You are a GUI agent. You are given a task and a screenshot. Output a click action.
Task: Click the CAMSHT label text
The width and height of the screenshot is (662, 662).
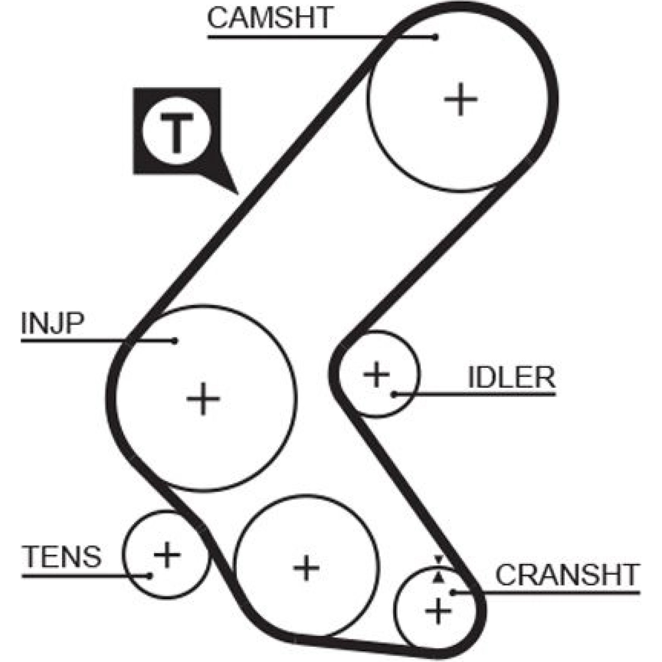pos(269,17)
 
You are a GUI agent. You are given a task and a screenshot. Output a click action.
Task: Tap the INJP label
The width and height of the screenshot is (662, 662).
pos(52,324)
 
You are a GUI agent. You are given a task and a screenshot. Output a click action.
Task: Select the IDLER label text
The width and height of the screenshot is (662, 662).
pos(511,377)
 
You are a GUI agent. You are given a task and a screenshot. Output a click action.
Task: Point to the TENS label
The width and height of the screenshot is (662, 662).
pos(62,556)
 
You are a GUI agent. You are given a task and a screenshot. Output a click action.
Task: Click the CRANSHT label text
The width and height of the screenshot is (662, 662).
pos(567,575)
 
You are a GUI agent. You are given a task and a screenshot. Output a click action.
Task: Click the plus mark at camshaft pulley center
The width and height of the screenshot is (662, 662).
pos(461,99)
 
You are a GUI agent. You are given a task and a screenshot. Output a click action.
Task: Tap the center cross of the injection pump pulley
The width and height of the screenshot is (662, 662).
pos(203,399)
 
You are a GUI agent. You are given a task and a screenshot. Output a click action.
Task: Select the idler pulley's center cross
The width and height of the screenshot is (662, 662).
pos(376,374)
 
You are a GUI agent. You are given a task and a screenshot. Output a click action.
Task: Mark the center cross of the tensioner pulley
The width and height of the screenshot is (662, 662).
pos(167,554)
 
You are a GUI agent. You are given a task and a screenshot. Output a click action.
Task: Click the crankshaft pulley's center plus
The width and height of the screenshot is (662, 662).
pos(438,611)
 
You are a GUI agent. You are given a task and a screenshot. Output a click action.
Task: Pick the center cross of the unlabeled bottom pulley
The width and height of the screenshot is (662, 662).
pos(306,567)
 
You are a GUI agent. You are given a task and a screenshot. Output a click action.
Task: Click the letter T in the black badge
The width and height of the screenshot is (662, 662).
pos(177,132)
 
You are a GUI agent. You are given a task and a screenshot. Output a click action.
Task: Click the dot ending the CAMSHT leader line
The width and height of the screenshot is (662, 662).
pos(435,37)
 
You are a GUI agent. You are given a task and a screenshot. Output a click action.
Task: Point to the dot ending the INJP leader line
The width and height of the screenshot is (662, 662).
pos(175,341)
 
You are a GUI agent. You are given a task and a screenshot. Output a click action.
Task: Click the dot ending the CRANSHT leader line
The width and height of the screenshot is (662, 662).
pos(453,592)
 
